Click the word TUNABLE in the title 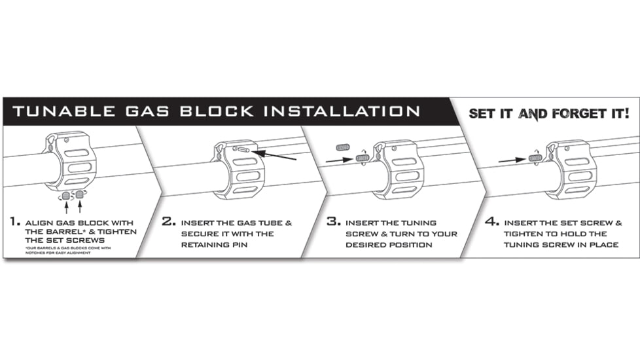click(x=56, y=111)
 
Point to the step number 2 click(x=169, y=223)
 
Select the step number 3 click(x=334, y=223)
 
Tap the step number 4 click(x=492, y=223)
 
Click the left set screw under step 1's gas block click(x=65, y=194)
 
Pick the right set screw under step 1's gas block click(x=80, y=194)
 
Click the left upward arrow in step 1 click(x=65, y=207)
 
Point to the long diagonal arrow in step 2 click(x=274, y=156)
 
